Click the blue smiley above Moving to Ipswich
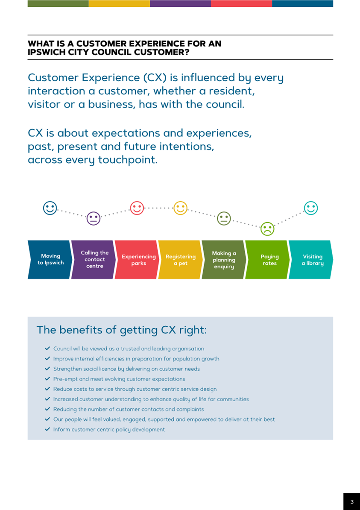(50, 208)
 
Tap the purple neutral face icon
(94, 218)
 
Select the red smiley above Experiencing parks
(137, 208)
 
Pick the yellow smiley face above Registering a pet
(181, 208)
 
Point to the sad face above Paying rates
(267, 229)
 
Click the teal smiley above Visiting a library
(311, 208)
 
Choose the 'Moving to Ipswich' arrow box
(50, 260)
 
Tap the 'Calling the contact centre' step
(94, 260)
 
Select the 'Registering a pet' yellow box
(181, 260)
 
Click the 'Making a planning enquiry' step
(224, 260)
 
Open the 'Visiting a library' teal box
(312, 260)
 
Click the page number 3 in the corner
(352, 502)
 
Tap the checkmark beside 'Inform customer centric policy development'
(47, 429)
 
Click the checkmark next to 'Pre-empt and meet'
(47, 379)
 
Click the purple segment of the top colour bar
(180, 3)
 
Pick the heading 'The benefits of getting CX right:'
(122, 330)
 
